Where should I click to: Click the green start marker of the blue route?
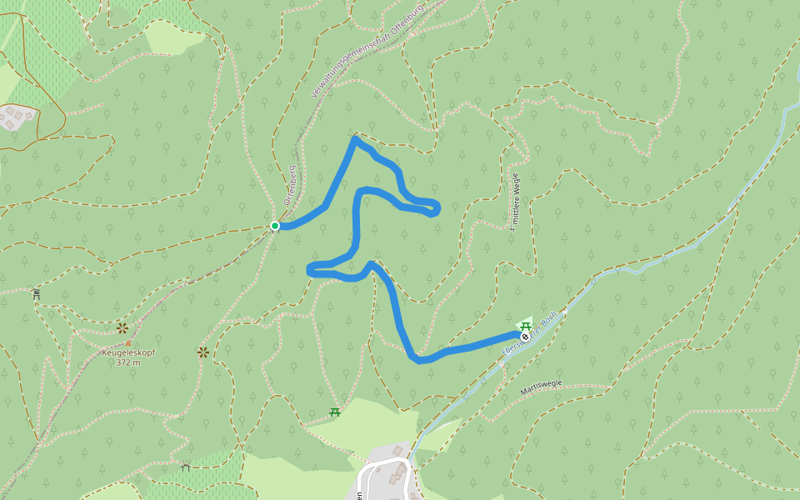[x=275, y=226]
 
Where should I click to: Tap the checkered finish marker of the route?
[x=525, y=337]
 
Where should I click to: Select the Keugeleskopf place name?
[x=128, y=352]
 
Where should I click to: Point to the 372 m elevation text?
[x=128, y=362]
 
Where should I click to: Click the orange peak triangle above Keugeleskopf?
[x=127, y=342]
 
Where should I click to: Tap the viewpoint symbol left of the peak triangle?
[x=122, y=327]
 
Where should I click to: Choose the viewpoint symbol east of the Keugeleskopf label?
[x=202, y=352]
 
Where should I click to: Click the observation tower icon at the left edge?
[x=36, y=293]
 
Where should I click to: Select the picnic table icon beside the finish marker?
[x=526, y=325]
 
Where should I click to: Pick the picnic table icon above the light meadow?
[x=335, y=412]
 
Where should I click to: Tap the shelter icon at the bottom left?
[x=185, y=467]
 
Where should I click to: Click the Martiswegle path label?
[x=542, y=387]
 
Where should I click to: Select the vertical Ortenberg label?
[x=291, y=185]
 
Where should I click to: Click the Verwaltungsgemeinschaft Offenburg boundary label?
[x=367, y=51]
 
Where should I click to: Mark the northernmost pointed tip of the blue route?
[x=355, y=138]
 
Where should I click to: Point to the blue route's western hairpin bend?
[x=310, y=268]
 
